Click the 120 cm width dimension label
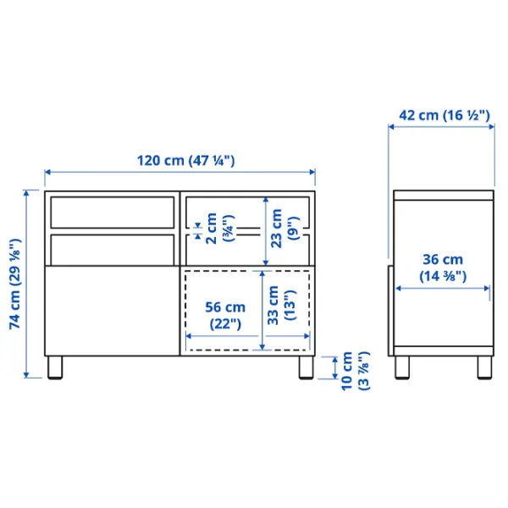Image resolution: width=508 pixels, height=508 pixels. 186,161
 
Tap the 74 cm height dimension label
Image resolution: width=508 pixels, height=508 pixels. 15,284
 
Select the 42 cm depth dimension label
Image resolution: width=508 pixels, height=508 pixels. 444,115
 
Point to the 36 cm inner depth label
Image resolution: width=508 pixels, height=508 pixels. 443,268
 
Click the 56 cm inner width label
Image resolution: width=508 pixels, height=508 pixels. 225,315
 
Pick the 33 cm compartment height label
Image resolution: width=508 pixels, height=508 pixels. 281,305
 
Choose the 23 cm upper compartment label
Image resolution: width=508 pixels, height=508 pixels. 284,229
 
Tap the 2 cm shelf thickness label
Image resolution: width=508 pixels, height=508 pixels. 219,229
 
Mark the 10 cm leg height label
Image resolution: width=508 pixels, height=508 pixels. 355,371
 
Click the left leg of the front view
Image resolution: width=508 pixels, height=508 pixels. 55,367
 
